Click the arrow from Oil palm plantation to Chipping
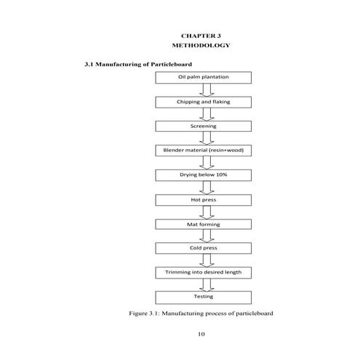click(x=207, y=89)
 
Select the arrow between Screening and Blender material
click(x=207, y=138)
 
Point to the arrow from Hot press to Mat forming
click(x=207, y=212)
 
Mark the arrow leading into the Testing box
click(x=207, y=285)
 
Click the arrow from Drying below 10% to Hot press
click(x=207, y=187)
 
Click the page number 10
click(x=201, y=334)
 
